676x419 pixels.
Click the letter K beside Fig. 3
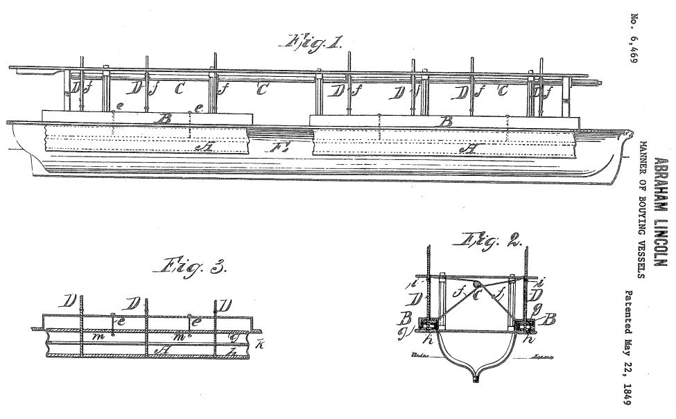pyautogui.click(x=259, y=344)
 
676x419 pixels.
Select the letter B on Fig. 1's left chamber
pyautogui.click(x=165, y=119)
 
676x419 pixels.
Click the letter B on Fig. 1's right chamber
pyautogui.click(x=447, y=121)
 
